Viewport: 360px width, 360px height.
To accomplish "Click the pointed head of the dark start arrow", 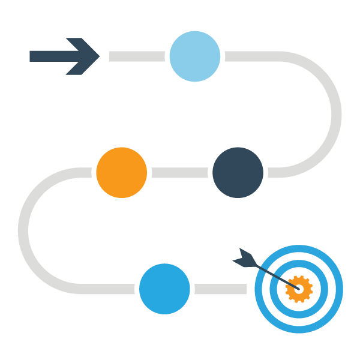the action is pyautogui.click(x=90, y=56).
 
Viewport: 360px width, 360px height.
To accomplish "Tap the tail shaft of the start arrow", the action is pyautogui.click(x=48, y=56).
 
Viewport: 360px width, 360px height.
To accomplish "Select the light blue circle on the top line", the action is pyautogui.click(x=194, y=56).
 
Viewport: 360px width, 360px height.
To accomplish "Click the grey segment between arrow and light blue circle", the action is pyautogui.click(x=137, y=56).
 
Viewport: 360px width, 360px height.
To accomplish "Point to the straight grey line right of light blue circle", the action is pyautogui.click(x=252, y=56).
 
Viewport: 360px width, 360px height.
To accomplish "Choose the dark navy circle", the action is pyautogui.click(x=238, y=172).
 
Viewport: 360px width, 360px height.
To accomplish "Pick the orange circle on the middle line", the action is pyautogui.click(x=121, y=172).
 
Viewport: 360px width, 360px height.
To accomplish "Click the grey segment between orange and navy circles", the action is pyautogui.click(x=180, y=173).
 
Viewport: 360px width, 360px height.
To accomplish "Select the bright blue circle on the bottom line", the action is pyautogui.click(x=164, y=289).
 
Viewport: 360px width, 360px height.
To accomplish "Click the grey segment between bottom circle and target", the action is pyautogui.click(x=220, y=289).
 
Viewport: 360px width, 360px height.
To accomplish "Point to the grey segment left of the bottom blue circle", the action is pyautogui.click(x=102, y=289).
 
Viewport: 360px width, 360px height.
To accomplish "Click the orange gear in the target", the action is pyautogui.click(x=299, y=289).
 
